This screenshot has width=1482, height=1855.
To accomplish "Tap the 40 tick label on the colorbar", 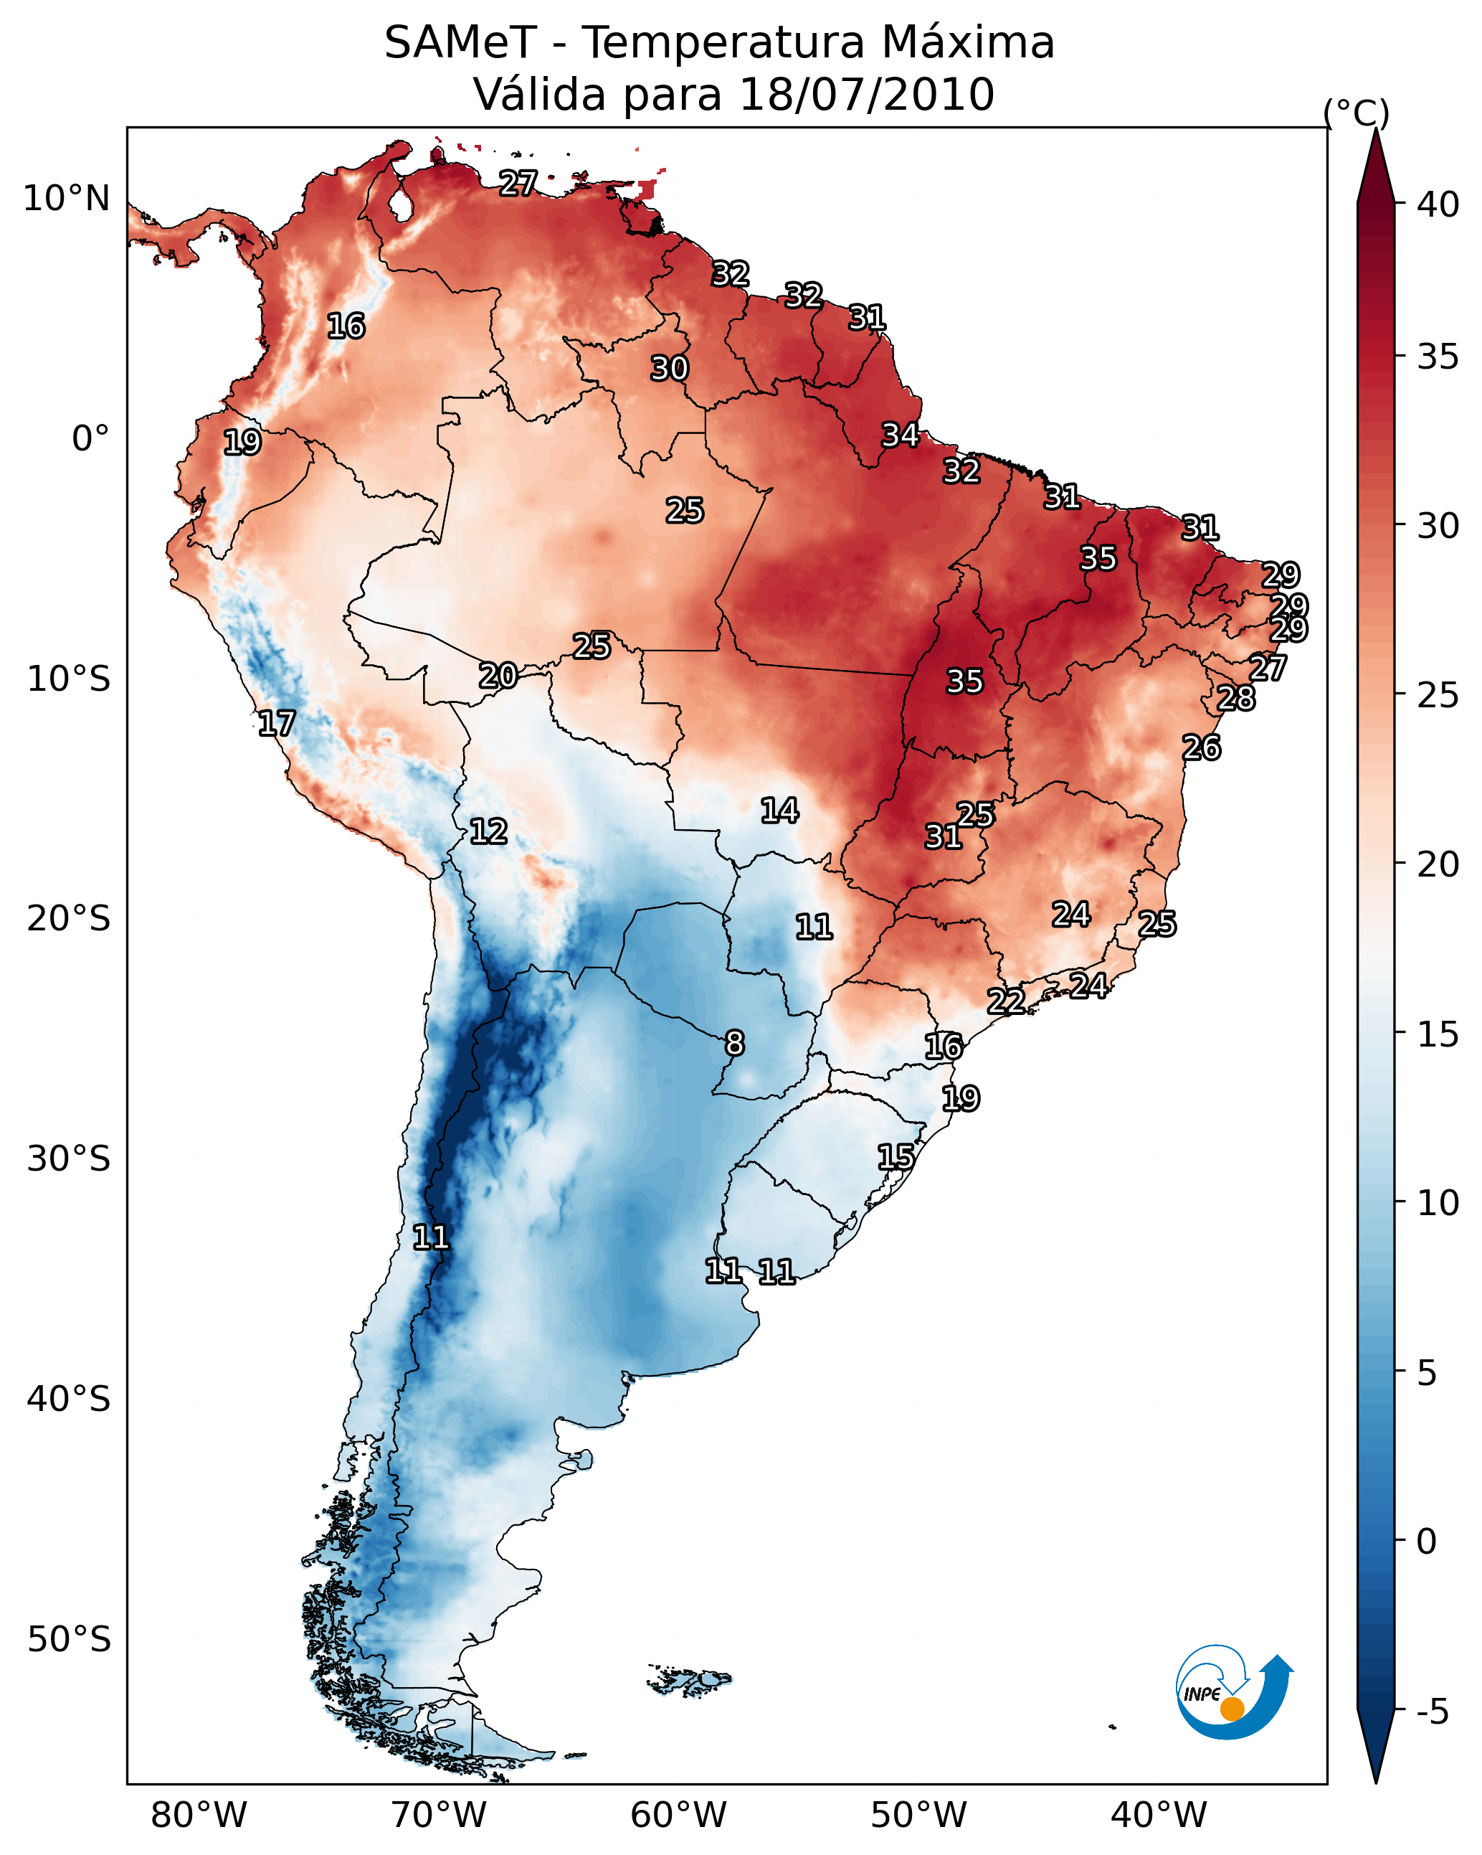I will tap(1438, 204).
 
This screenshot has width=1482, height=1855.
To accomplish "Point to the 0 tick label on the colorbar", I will tap(1426, 1541).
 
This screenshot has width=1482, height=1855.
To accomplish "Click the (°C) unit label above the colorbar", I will tap(1356, 113).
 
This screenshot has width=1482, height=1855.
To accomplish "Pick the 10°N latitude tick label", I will tap(66, 199).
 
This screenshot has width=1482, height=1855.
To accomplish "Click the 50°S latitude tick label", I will tap(69, 1639).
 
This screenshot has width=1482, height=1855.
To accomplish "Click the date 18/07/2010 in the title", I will tap(866, 95).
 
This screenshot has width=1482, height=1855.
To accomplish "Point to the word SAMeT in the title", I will tap(460, 43).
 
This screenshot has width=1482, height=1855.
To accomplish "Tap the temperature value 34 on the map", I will tap(901, 435).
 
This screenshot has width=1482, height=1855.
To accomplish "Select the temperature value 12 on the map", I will tap(488, 832).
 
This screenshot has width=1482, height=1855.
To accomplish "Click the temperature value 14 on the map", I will tap(780, 811).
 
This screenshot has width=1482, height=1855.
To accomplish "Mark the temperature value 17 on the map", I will tap(277, 724).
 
